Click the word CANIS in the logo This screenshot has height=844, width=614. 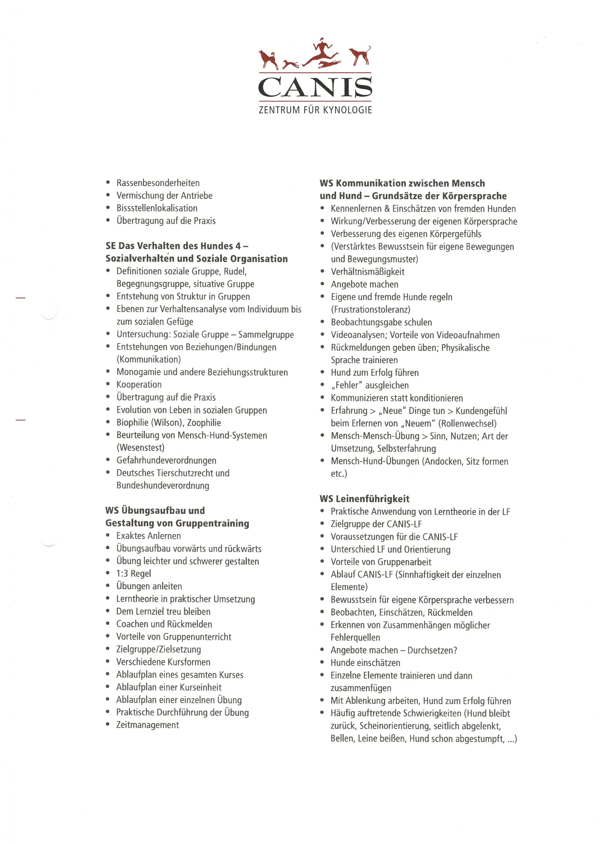pyautogui.click(x=315, y=87)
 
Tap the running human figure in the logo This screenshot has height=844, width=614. pyautogui.click(x=320, y=52)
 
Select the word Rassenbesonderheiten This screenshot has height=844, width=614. pyautogui.click(x=158, y=183)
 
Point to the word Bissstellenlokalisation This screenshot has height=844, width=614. pyautogui.click(x=157, y=209)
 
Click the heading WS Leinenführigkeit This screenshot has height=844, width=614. pyautogui.click(x=364, y=499)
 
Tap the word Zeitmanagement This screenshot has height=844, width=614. pyautogui.click(x=148, y=725)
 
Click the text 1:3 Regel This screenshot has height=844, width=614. pyautogui.click(x=133, y=574)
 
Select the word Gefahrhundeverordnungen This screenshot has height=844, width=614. pyautogui.click(x=166, y=460)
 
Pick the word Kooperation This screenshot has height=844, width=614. pyautogui.click(x=139, y=385)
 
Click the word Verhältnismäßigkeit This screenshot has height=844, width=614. pyautogui.click(x=368, y=272)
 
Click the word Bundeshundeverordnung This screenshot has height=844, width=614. pyautogui.click(x=163, y=486)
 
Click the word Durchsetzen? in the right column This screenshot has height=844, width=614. pyautogui.click(x=432, y=650)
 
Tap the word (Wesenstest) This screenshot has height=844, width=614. pyautogui.click(x=140, y=448)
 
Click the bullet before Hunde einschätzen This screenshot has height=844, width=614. pyautogui.click(x=323, y=663)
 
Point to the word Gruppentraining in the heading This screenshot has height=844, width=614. pyautogui.click(x=212, y=524)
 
